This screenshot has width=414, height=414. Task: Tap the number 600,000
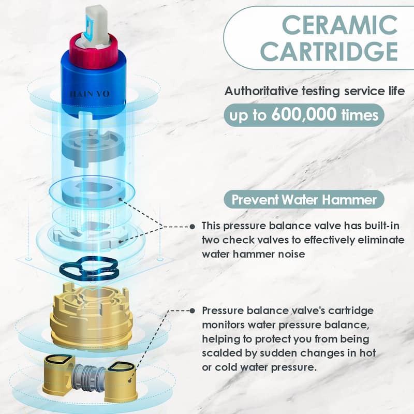[x=304, y=114]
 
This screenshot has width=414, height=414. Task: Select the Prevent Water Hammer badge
[x=304, y=199]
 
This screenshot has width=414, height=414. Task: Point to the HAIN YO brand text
[x=90, y=94]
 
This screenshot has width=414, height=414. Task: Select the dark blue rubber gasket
[x=89, y=269]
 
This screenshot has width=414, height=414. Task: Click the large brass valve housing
[x=91, y=314]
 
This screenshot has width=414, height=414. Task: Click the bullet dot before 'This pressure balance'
[x=193, y=227]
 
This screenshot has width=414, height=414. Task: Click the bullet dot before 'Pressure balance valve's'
[x=193, y=311]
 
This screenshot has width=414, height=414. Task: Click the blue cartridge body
[x=94, y=87]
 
